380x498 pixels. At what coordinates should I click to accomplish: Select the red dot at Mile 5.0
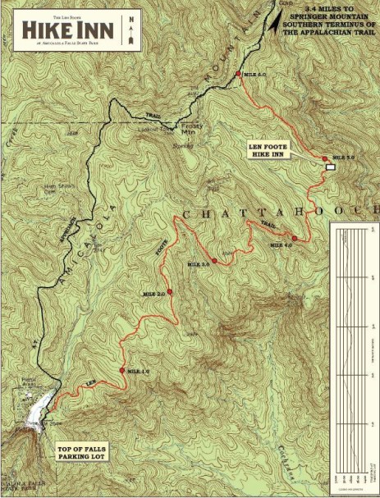point(325,158)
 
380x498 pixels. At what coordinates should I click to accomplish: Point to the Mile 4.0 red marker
point(294,239)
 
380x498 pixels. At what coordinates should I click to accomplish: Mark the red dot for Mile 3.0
point(214,261)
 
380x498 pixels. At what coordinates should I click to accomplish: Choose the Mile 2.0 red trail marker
point(170,291)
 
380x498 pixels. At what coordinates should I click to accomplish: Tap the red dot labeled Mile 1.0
point(121,371)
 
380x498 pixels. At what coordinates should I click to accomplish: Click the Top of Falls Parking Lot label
point(88,454)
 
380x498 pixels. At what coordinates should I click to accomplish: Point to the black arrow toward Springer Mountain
point(272,20)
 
